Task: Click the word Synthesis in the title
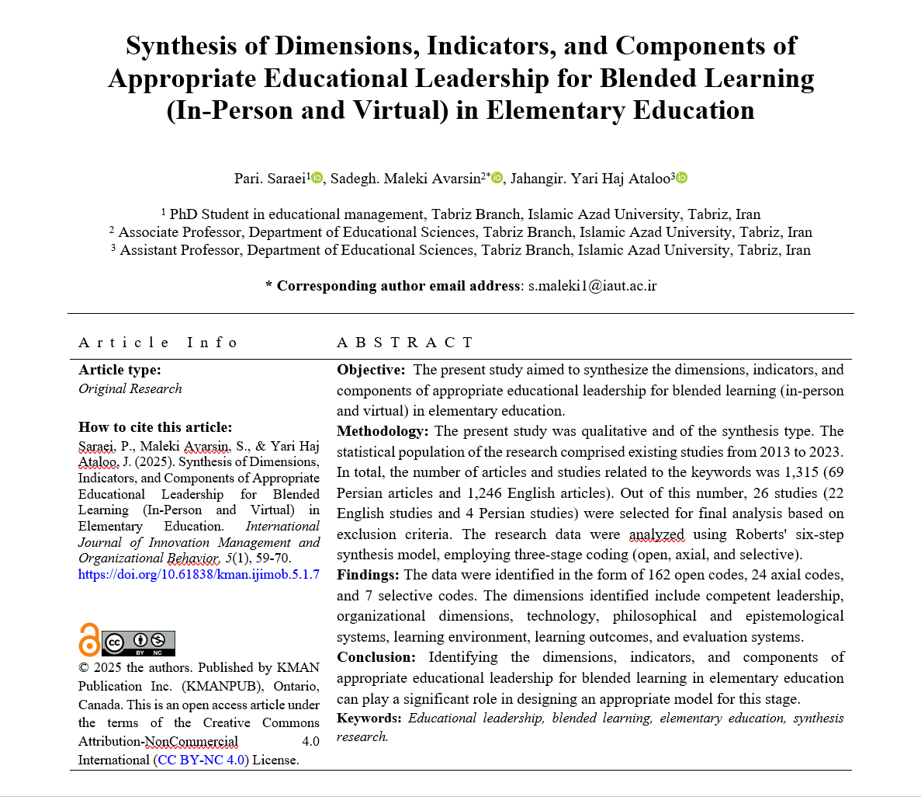pos(182,47)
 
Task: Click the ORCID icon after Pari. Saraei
pos(317,178)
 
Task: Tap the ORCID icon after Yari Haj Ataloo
pos(681,178)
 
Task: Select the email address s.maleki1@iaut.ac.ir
pos(592,286)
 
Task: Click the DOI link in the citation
pos(199,575)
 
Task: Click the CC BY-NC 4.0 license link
pos(201,760)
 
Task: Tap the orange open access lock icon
pos(89,640)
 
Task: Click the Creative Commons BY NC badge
pos(139,642)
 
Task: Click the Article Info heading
pos(158,343)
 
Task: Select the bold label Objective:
pos(371,370)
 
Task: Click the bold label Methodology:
pos(382,431)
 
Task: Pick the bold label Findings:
pos(368,575)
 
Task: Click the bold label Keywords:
pos(369,718)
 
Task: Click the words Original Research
pos(130,388)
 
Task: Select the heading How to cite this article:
pos(155,426)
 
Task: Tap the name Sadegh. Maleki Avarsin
pos(406,179)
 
